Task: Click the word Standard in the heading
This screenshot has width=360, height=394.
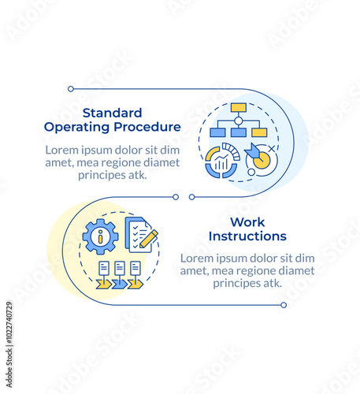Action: click(113, 113)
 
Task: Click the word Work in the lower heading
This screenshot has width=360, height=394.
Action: click(247, 222)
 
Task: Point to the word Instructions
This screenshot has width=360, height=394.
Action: click(247, 236)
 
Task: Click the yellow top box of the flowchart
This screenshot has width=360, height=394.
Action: click(239, 107)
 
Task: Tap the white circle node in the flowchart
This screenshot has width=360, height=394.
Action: click(238, 121)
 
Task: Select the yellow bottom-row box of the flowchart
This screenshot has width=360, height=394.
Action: click(259, 132)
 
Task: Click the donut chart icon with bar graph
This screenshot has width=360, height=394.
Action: click(222, 161)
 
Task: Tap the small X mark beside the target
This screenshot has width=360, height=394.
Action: click(272, 149)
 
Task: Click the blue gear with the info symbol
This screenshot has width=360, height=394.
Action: click(100, 236)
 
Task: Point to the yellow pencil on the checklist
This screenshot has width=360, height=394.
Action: click(149, 239)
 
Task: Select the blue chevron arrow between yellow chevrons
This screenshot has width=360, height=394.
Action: click(120, 284)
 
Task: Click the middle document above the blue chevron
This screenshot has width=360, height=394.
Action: click(120, 268)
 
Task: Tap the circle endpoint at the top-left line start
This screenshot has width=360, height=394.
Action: click(71, 89)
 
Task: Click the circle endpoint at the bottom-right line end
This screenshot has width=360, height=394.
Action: click(284, 305)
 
